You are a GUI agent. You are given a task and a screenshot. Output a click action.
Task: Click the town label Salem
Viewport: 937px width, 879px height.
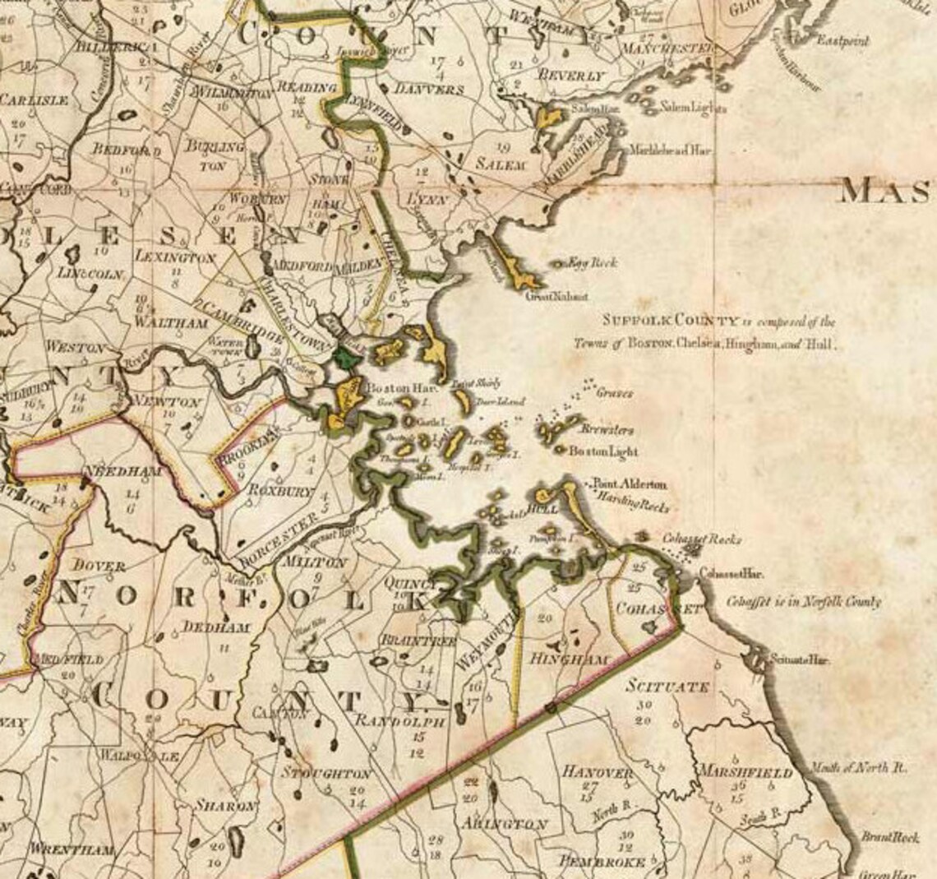click(500, 164)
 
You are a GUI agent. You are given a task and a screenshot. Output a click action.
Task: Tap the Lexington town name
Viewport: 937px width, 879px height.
click(176, 257)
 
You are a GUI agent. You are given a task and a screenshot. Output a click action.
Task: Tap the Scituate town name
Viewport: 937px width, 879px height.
click(667, 687)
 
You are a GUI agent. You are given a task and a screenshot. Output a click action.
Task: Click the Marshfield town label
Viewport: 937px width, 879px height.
click(745, 772)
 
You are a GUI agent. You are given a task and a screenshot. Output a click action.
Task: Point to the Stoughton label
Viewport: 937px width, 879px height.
click(326, 774)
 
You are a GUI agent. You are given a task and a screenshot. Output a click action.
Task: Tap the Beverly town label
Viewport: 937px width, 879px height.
click(570, 75)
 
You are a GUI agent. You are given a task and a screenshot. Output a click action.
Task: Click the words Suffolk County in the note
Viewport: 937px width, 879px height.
click(654, 322)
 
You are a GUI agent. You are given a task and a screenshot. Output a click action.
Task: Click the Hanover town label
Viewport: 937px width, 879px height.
click(598, 772)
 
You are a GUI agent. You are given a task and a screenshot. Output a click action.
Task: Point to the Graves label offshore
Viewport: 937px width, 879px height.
click(616, 393)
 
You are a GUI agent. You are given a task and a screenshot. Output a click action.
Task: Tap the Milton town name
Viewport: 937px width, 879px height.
click(313, 562)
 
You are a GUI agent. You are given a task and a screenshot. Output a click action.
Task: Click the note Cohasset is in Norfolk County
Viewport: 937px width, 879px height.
click(804, 602)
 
